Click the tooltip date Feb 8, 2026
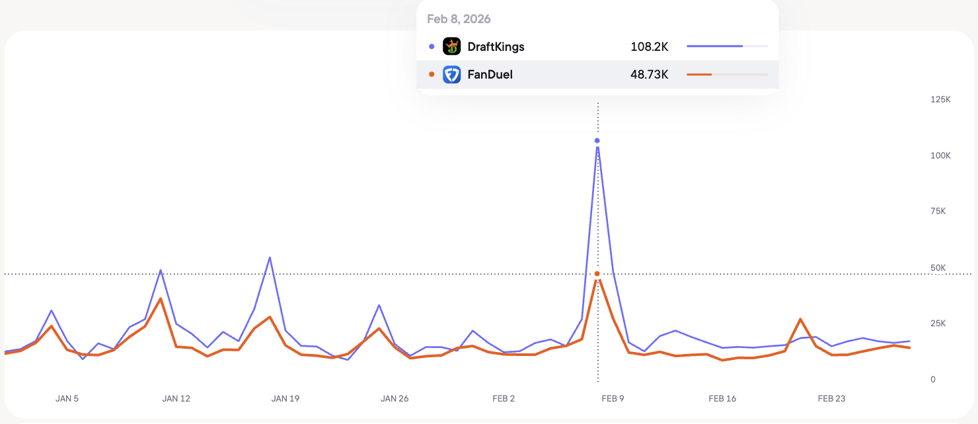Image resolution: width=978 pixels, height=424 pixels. point(459,19)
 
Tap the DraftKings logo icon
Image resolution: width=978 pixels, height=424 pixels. point(451,46)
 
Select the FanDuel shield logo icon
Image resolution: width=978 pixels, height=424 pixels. point(451,75)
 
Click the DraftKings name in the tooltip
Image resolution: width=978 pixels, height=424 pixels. point(496,47)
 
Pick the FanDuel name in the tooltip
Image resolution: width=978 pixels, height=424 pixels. point(490,75)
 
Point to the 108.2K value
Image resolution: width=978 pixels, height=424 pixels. point(649,47)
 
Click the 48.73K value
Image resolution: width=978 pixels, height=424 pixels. point(649,75)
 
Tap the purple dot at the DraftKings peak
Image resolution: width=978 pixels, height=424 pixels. point(597,141)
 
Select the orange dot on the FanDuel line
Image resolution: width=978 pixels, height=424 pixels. point(597,274)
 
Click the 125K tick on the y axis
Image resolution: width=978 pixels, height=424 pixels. point(940,100)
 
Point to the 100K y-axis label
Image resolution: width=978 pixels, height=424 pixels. point(940,156)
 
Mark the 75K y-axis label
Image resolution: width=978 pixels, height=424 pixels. point(938,211)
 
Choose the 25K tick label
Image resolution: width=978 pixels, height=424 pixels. point(938,323)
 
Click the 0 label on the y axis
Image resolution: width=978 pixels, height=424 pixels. point(933,380)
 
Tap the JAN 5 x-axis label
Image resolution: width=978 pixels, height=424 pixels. point(67,399)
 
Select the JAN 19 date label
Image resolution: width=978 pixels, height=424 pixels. point(285,399)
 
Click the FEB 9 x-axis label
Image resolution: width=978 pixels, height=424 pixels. point(613,399)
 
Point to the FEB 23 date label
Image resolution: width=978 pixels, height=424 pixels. point(831,399)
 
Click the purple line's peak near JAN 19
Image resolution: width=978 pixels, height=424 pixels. point(270,258)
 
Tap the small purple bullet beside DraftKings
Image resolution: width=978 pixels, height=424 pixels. point(432,46)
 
